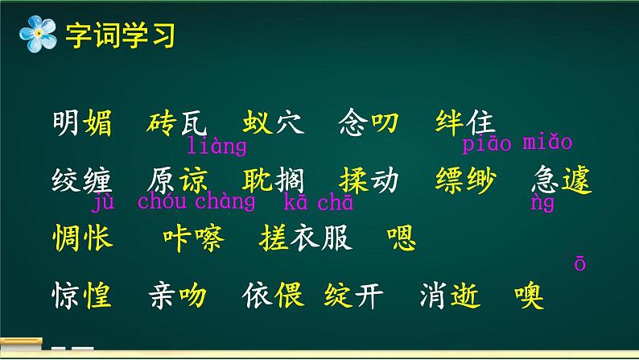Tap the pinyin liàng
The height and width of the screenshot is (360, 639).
pyautogui.click(x=216, y=147)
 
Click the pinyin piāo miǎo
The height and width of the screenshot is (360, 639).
pyautogui.click(x=517, y=143)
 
